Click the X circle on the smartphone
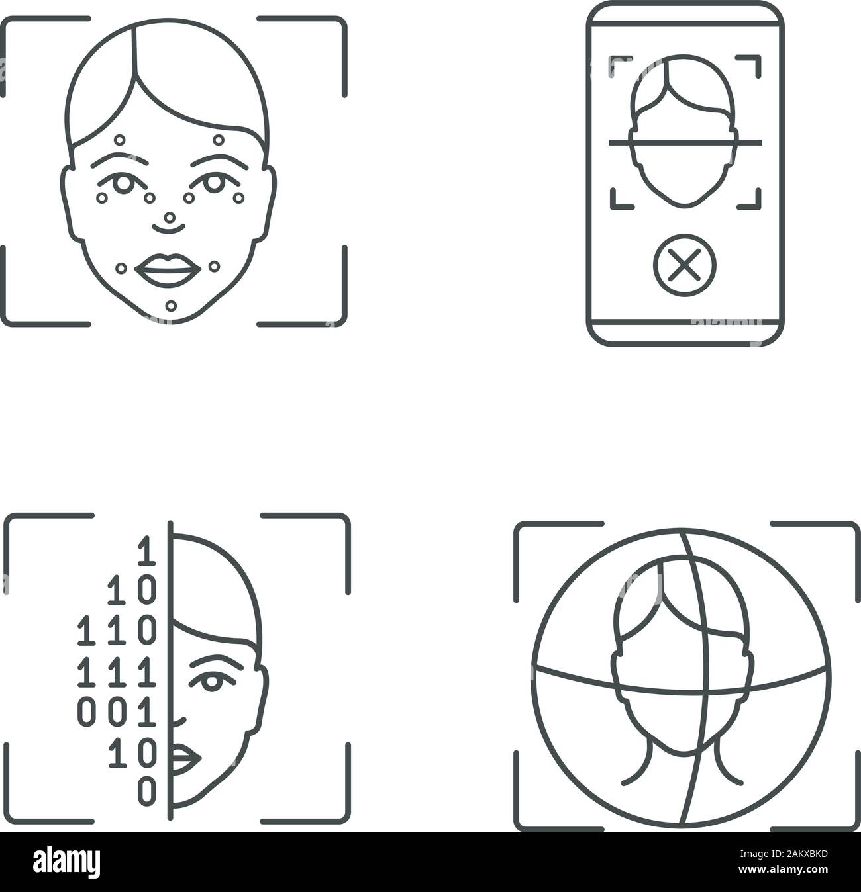pos(685,268)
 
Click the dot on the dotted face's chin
pos(172,306)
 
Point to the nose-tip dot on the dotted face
pos(170,217)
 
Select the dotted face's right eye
pos(212,183)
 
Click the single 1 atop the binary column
pos(146,553)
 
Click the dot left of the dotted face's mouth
pos(121,268)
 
